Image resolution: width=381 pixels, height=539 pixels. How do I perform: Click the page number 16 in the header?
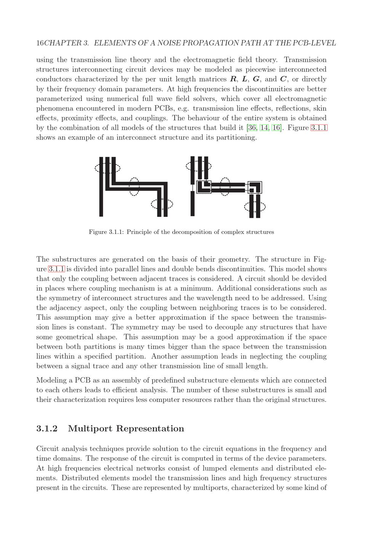tap(40, 43)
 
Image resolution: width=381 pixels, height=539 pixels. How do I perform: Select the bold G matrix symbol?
tap(256, 79)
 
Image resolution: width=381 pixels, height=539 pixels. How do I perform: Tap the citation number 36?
tap(252, 128)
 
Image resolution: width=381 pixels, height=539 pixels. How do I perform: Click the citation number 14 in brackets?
tap(264, 128)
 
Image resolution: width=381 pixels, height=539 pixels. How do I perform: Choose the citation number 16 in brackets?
tap(276, 128)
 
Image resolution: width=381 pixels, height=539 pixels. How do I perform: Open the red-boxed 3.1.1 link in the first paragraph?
tap(319, 128)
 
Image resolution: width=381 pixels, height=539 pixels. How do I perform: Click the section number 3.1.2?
tap(47, 429)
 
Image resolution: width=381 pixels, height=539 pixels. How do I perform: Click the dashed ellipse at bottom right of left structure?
tap(162, 204)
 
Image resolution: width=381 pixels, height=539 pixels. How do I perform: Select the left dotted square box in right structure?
tap(203, 187)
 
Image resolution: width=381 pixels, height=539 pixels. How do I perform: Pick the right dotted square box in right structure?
tap(255, 187)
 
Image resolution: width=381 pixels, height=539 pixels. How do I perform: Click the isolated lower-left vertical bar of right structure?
tap(192, 203)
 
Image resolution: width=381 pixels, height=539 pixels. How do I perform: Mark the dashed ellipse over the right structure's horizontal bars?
tap(225, 187)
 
